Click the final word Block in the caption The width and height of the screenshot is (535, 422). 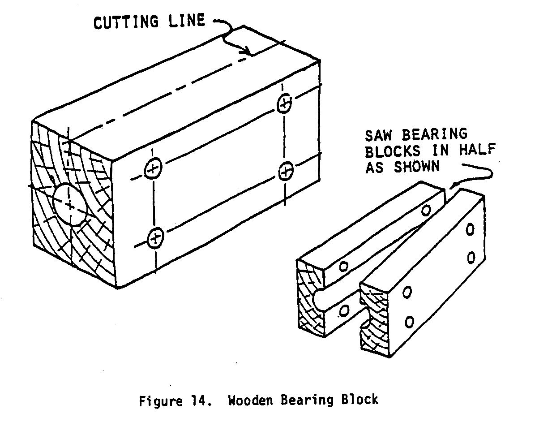[x=359, y=399]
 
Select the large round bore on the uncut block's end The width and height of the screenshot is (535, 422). [x=70, y=205]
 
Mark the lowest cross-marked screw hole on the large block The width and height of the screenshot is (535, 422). [x=155, y=237]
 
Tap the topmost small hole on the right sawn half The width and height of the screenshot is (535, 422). [x=470, y=230]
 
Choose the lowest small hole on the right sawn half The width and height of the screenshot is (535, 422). [x=409, y=321]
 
